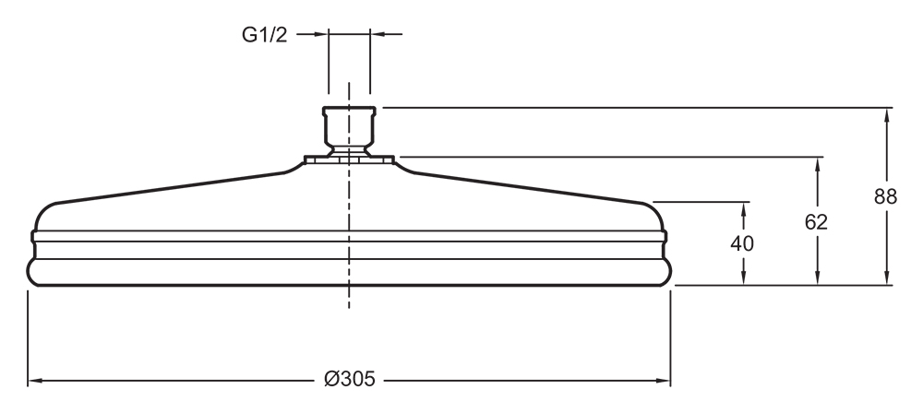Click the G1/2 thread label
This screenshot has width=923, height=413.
(264, 35)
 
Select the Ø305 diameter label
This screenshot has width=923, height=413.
(349, 380)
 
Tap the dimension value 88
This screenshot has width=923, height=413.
(885, 196)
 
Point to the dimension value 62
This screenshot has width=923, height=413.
(816, 222)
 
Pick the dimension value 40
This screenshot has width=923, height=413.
(742, 243)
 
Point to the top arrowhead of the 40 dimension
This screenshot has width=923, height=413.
(743, 209)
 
